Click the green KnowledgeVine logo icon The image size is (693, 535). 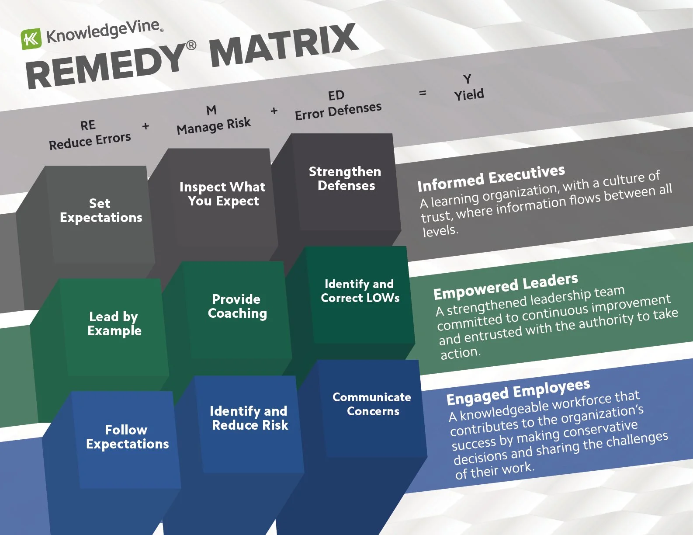31,39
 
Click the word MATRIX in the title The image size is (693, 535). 284,45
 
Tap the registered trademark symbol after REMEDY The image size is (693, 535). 191,46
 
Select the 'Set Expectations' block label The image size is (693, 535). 101,211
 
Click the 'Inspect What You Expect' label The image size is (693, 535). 223,194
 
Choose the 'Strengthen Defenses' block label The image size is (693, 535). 345,179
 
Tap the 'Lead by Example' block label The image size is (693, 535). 114,323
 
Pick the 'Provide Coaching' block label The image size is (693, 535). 237,306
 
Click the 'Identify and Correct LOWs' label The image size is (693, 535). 360,291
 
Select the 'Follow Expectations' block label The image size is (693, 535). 127,437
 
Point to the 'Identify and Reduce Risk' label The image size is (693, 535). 249,418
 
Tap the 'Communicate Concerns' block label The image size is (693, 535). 372,404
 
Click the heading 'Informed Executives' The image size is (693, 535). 491,178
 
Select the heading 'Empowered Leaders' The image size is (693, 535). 506,287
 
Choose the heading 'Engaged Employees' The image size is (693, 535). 518,392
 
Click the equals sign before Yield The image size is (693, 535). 423,93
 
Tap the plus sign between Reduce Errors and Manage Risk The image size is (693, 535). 146,126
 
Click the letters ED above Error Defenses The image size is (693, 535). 336,96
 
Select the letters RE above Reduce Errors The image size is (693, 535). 88,126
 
